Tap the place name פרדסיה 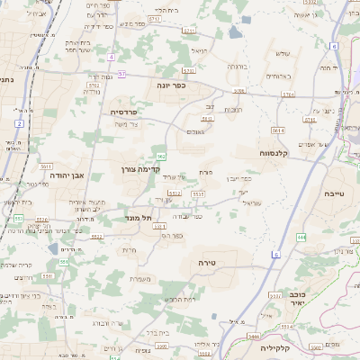[125, 112]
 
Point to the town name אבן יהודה [67, 175]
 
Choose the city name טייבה [335, 193]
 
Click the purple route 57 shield [122, 74]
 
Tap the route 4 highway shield [111, 57]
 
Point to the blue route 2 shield [19, 122]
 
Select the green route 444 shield [301, 238]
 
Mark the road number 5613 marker [207, 118]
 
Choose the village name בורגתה [236, 67]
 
